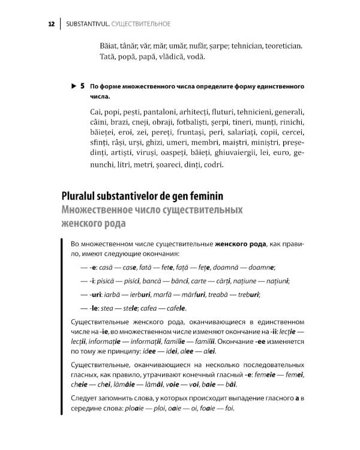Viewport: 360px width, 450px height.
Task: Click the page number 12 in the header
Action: [52, 24]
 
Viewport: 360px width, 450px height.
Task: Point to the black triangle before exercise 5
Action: [73, 86]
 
